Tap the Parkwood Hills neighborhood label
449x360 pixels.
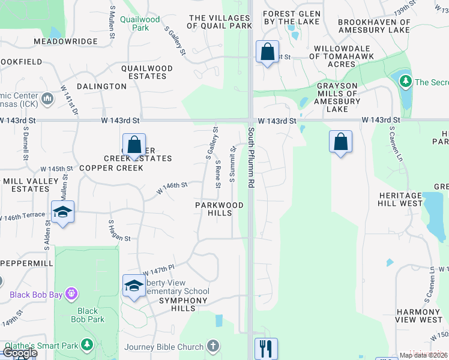coord(219,209)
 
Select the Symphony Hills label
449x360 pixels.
coord(178,304)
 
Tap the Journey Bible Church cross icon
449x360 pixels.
coord(213,346)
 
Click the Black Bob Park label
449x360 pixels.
coord(88,315)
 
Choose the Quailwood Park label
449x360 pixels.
coord(140,23)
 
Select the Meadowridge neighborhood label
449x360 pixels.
coord(65,41)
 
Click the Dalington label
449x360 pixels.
coord(101,86)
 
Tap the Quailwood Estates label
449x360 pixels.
coord(147,73)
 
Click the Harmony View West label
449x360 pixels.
coord(419,316)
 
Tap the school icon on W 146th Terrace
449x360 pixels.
coord(62,212)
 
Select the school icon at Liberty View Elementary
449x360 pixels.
coord(134,286)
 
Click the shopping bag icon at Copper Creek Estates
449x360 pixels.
coord(134,145)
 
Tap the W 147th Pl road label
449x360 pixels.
coord(158,271)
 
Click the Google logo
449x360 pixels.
coord(20,352)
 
